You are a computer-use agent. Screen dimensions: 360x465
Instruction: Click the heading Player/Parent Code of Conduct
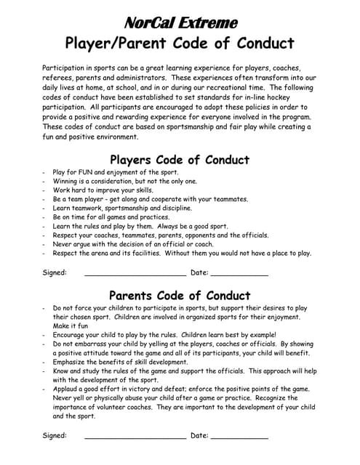(179, 43)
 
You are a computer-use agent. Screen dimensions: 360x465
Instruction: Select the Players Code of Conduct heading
(179, 160)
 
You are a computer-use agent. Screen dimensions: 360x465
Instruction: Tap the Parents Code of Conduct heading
(179, 296)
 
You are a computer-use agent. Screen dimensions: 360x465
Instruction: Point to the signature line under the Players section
(135, 274)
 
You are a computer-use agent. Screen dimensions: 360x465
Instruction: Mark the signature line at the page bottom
(135, 436)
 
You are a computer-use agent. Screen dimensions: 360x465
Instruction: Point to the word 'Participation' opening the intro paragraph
(67, 67)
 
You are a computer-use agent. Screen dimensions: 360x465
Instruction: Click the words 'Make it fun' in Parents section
(71, 325)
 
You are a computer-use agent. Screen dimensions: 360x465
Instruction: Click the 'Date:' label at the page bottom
(199, 435)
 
